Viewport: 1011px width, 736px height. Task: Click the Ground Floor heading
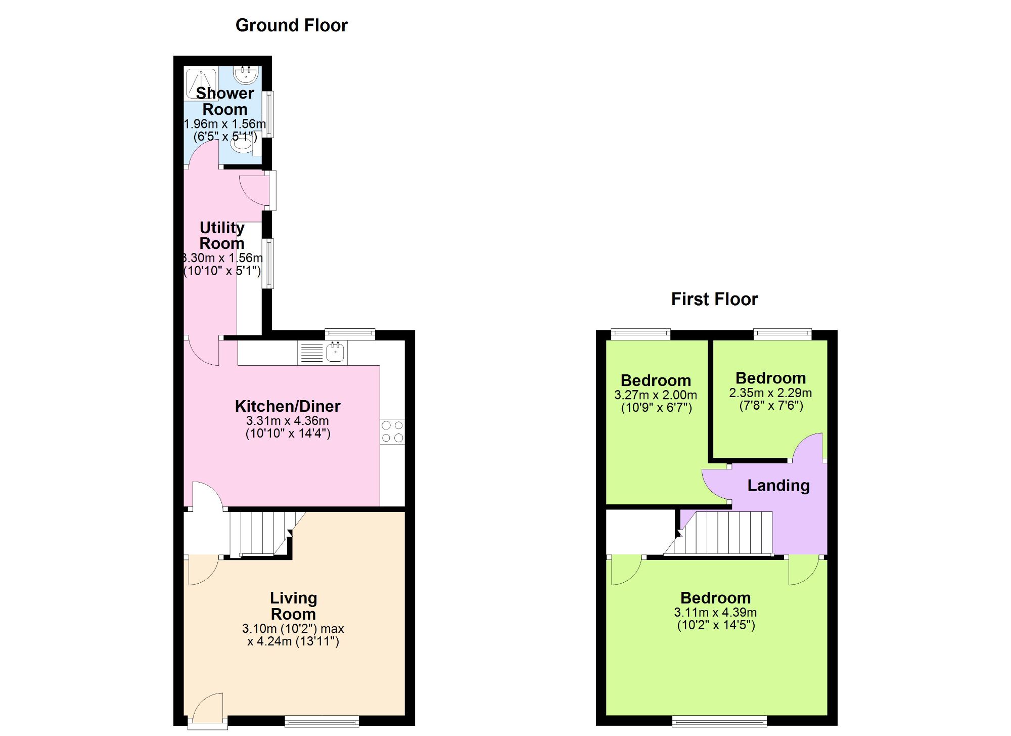[292, 25]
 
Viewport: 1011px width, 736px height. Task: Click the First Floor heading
[714, 299]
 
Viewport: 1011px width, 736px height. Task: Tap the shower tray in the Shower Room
[201, 83]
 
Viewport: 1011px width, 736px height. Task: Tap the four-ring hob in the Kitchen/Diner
[392, 431]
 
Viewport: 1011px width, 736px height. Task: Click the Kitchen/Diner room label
[288, 406]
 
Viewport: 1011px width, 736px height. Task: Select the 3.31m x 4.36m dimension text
[288, 421]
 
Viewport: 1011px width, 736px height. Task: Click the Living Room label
[293, 606]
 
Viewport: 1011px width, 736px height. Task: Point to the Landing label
[778, 486]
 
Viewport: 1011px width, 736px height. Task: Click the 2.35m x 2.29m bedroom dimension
[770, 393]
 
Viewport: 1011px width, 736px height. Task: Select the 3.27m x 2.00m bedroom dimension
[656, 395]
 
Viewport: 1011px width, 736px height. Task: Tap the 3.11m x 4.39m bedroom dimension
[715, 613]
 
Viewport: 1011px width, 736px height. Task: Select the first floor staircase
[728, 534]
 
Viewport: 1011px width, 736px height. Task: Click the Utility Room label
[222, 235]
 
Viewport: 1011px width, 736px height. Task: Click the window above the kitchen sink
[350, 333]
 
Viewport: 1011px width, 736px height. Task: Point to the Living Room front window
[322, 721]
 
